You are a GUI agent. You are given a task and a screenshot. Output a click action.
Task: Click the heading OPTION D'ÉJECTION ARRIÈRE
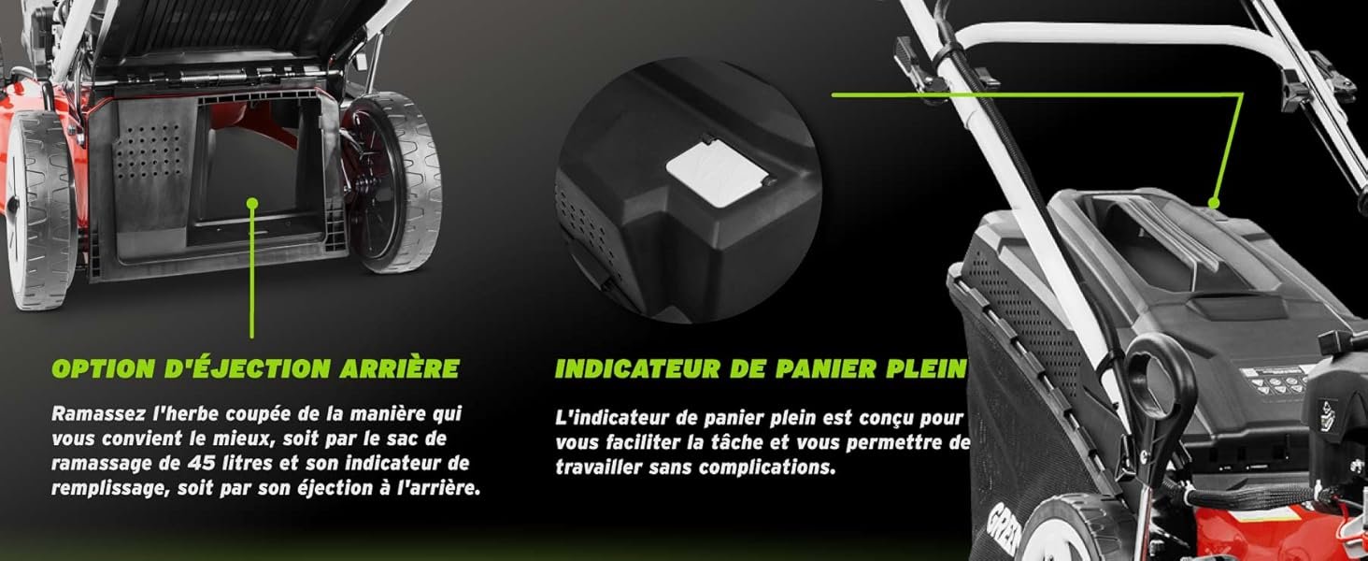[x=255, y=368]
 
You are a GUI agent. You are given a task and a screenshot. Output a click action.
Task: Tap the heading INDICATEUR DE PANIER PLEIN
[x=761, y=368]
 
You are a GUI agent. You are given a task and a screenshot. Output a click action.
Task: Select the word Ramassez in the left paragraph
[x=98, y=413]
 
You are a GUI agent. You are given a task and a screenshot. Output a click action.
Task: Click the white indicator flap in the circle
[x=717, y=173]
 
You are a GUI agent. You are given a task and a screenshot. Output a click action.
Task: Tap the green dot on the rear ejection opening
[x=252, y=203]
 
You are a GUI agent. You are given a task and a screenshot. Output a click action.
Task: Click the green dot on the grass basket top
[x=1214, y=203]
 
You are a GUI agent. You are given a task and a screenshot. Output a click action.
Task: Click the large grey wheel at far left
[x=39, y=210]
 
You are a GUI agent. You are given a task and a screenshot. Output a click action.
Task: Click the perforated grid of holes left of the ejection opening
[x=149, y=152]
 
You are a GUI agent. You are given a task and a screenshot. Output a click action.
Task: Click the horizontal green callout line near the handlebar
[x=1037, y=94]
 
